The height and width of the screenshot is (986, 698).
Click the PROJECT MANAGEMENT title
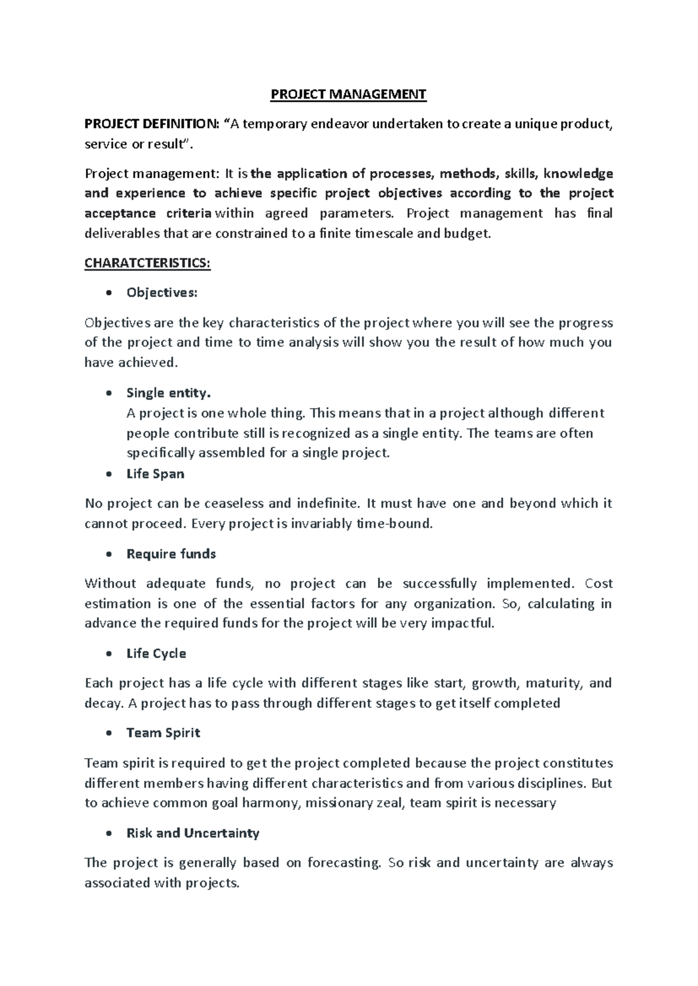(x=348, y=94)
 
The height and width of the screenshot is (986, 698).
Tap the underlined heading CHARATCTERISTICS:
(x=147, y=263)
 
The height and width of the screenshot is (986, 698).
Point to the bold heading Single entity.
(x=168, y=393)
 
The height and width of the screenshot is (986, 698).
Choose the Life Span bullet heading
(x=155, y=474)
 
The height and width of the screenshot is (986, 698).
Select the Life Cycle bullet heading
(x=156, y=653)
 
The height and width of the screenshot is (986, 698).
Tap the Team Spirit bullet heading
(x=163, y=733)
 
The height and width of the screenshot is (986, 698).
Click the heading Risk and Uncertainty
(x=193, y=833)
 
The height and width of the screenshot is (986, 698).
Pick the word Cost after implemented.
(x=599, y=584)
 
